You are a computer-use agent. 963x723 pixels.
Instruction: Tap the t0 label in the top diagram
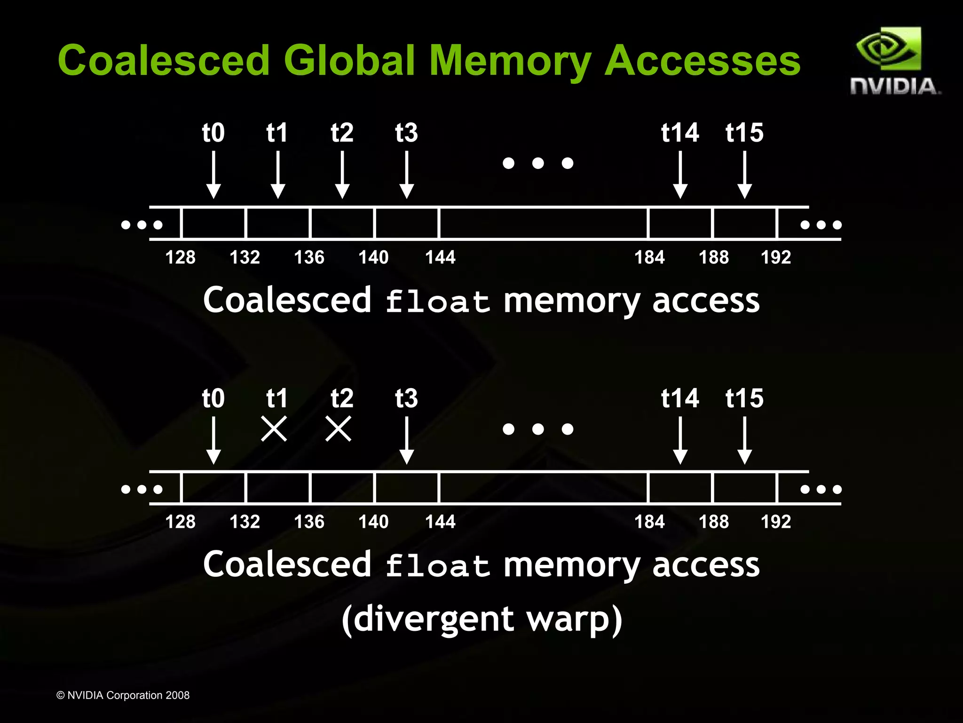coord(213,133)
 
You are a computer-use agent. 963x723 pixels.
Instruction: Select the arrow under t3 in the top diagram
coord(406,175)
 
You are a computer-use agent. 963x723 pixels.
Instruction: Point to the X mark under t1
coord(274,429)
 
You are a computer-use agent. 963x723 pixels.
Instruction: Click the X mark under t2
coord(339,429)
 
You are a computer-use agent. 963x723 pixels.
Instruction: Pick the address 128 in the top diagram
coord(180,257)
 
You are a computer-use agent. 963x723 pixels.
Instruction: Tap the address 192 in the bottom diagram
coord(776,522)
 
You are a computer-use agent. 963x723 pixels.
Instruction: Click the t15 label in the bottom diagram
coord(744,398)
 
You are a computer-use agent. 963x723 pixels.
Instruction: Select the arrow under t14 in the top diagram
coord(680,175)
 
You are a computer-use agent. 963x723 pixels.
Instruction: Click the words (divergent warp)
coord(482,619)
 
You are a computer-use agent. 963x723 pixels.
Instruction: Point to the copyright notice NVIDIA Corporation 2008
coord(123,695)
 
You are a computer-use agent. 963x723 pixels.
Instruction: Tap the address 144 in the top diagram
coord(440,257)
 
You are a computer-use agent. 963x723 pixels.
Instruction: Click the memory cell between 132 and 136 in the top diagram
coord(278,223)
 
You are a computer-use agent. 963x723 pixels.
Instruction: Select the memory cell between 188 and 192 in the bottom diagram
coord(745,488)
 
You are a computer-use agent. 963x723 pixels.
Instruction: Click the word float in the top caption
coord(437,301)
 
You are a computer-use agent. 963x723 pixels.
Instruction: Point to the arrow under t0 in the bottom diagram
coord(213,440)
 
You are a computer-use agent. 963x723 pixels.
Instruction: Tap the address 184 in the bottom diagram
coord(649,522)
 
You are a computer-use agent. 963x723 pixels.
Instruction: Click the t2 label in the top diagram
coord(342,133)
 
